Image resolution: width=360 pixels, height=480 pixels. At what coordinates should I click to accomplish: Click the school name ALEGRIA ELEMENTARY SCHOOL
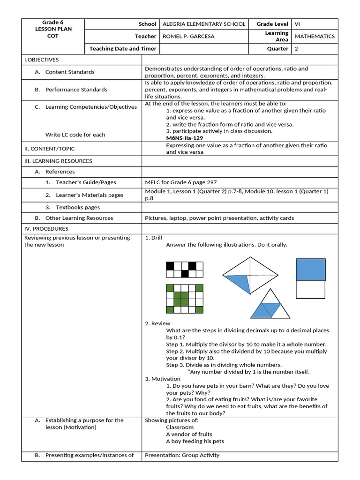click(203, 24)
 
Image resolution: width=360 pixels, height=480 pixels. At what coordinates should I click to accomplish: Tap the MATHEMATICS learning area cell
click(314, 36)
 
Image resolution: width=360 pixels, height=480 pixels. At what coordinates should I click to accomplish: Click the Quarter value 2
click(296, 48)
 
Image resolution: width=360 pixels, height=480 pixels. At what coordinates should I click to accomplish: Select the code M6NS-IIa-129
click(185, 138)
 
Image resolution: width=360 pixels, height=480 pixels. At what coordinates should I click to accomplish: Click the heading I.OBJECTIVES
click(42, 60)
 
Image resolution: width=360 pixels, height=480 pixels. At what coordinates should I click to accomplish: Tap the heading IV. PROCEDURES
click(46, 229)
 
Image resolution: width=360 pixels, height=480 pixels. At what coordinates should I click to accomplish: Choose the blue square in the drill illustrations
click(310, 269)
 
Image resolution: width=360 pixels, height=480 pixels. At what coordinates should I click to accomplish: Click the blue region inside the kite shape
click(238, 283)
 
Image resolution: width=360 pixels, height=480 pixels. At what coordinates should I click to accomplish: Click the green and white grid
click(185, 299)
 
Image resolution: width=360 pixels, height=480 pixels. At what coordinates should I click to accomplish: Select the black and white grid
click(185, 270)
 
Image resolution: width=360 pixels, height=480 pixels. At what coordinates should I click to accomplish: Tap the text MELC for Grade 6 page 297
click(181, 182)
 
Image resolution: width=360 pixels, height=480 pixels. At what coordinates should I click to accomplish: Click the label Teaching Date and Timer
click(123, 48)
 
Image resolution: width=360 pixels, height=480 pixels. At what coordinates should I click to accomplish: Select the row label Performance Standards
click(76, 90)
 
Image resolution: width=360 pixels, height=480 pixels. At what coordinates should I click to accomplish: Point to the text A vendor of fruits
click(189, 434)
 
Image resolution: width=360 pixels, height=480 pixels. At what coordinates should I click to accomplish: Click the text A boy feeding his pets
click(195, 441)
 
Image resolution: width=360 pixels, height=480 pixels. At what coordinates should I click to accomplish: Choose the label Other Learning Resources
click(79, 218)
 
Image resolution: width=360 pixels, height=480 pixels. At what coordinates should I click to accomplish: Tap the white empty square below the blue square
click(310, 289)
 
